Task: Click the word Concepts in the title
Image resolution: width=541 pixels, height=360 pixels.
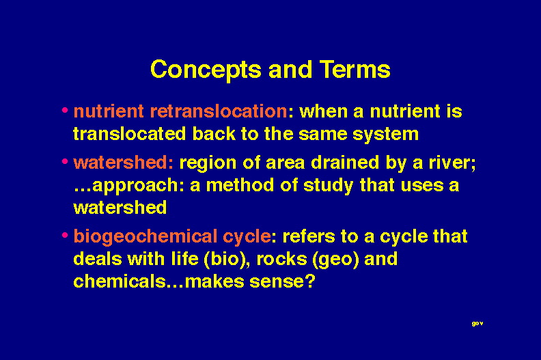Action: click(206, 70)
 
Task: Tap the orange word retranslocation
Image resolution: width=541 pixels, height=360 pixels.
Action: click(219, 111)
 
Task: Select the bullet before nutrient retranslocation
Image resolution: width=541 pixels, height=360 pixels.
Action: click(65, 111)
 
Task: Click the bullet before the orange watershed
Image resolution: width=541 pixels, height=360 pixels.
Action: click(65, 161)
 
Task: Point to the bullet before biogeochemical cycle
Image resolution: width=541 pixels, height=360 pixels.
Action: click(65, 236)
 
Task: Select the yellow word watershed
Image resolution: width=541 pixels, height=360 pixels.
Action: click(120, 208)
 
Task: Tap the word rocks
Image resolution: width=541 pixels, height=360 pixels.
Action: click(281, 259)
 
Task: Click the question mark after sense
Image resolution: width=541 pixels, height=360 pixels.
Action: click(310, 281)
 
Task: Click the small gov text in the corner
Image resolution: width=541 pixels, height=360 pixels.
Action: click(477, 323)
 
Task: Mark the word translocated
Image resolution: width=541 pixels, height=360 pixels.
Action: click(130, 134)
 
